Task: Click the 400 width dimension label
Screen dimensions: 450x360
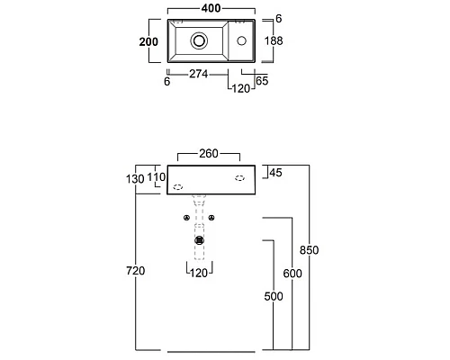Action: [x=211, y=8]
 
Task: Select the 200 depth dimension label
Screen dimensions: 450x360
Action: [x=148, y=41]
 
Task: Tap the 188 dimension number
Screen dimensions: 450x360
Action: [x=274, y=40]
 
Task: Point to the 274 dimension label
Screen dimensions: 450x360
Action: [x=198, y=74]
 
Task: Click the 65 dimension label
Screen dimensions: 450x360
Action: [x=262, y=81]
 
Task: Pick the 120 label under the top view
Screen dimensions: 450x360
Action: [x=241, y=88]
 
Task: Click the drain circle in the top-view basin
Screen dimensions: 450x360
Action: [x=199, y=40]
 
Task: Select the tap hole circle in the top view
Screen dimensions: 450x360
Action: [x=241, y=40]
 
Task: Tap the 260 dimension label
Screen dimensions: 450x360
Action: [x=209, y=154]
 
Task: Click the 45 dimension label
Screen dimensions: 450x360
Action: [x=276, y=173]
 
